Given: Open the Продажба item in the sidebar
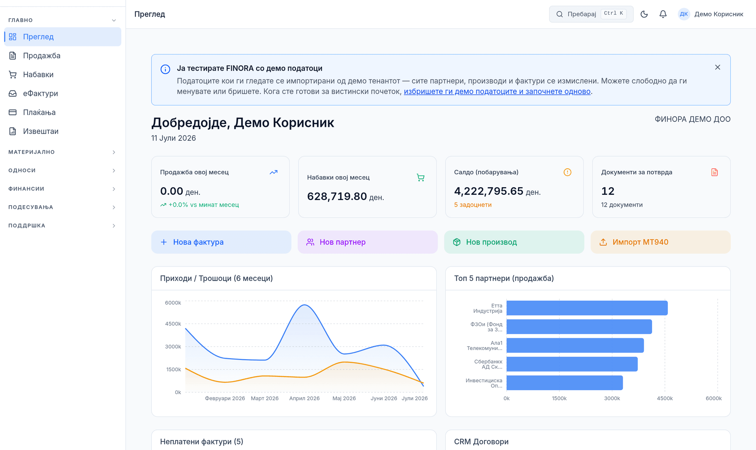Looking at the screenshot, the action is pyautogui.click(x=42, y=56).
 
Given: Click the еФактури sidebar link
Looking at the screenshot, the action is pyautogui.click(x=40, y=93).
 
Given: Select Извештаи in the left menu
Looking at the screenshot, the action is pyautogui.click(x=40, y=131).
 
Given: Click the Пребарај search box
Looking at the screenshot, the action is pyautogui.click(x=591, y=14).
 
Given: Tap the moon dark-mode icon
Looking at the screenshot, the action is pyautogui.click(x=644, y=14).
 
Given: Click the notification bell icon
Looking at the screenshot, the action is pyautogui.click(x=663, y=14).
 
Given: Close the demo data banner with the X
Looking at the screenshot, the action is pyautogui.click(x=717, y=67).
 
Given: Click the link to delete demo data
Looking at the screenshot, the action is pyautogui.click(x=497, y=91).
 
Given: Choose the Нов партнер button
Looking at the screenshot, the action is pyautogui.click(x=368, y=242).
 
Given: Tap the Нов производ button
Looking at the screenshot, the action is pyautogui.click(x=514, y=242).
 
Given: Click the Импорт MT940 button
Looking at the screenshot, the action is pyautogui.click(x=660, y=242).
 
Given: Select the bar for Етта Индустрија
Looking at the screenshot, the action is pyautogui.click(x=587, y=308).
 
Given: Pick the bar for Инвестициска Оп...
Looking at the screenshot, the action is pyautogui.click(x=565, y=383).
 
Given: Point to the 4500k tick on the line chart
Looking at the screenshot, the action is pyautogui.click(x=173, y=324).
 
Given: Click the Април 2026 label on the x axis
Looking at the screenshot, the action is pyautogui.click(x=304, y=398).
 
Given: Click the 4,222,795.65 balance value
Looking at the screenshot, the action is pyautogui.click(x=488, y=191).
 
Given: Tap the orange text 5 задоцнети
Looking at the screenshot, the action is pyautogui.click(x=473, y=205).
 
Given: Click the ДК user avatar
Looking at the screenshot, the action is pyautogui.click(x=684, y=14).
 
